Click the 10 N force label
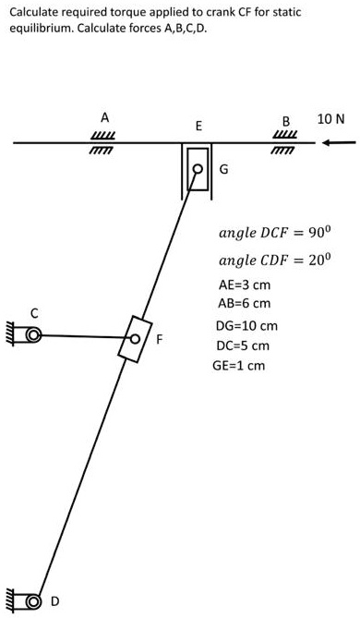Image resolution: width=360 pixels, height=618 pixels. point(330,119)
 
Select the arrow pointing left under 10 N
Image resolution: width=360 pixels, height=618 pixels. point(338,142)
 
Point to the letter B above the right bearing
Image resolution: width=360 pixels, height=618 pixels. point(286,121)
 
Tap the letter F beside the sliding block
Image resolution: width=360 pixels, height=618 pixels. point(160,340)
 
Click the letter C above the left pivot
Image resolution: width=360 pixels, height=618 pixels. point(33,313)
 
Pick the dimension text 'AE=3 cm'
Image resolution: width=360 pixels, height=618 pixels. point(245,285)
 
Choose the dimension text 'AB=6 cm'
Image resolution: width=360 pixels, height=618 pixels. point(245,303)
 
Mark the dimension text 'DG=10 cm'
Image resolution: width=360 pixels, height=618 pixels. point(246,326)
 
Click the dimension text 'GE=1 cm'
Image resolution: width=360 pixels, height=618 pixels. point(239,365)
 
